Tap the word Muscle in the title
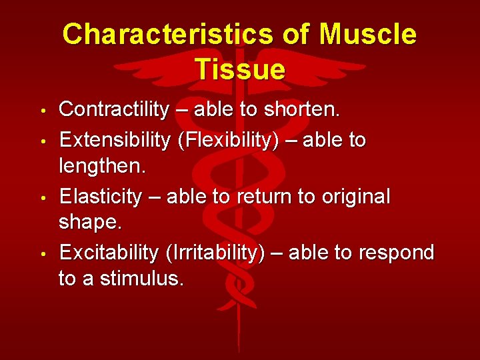(x=368, y=35)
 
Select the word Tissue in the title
(x=240, y=69)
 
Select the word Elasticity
(x=101, y=197)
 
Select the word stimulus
(x=141, y=279)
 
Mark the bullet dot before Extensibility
(x=42, y=140)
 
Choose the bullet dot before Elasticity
(x=42, y=197)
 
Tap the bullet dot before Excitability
(x=42, y=253)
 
